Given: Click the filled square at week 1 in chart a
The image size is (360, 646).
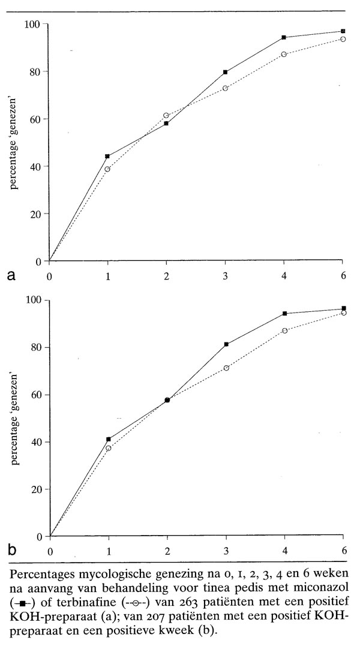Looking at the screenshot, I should [x=107, y=156].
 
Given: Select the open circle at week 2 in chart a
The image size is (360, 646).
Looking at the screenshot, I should [x=166, y=115].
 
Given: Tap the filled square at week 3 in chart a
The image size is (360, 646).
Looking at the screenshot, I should [x=225, y=72].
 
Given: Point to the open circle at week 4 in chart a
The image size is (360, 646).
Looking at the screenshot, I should [x=284, y=54].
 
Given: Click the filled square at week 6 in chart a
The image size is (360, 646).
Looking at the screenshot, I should [x=343, y=31].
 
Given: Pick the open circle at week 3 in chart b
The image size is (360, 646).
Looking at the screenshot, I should [x=226, y=368].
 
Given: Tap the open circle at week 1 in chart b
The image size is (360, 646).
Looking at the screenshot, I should [x=109, y=448].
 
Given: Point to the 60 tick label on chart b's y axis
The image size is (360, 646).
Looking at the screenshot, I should [x=35, y=395].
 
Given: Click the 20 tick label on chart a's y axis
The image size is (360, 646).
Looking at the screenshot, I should [x=34, y=214].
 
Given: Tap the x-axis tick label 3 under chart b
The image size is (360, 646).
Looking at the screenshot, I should [x=226, y=550].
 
